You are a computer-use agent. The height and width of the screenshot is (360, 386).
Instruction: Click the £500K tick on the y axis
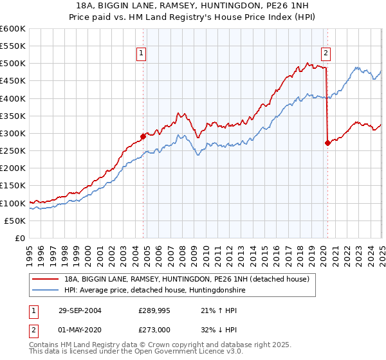12,64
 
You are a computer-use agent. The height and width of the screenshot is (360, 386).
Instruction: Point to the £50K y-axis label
15,221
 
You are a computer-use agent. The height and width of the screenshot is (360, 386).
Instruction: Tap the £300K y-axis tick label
12,133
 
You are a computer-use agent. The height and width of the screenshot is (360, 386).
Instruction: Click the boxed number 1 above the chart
141,54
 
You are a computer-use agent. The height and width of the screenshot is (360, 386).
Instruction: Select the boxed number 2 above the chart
326,54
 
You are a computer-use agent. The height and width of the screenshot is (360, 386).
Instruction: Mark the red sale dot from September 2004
143,136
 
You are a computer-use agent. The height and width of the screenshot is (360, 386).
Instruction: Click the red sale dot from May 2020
327,143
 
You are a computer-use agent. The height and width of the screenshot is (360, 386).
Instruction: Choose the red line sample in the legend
46,280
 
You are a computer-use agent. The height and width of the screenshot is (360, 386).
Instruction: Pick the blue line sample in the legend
46,291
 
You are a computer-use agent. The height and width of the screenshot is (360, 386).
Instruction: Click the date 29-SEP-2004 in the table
82,310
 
